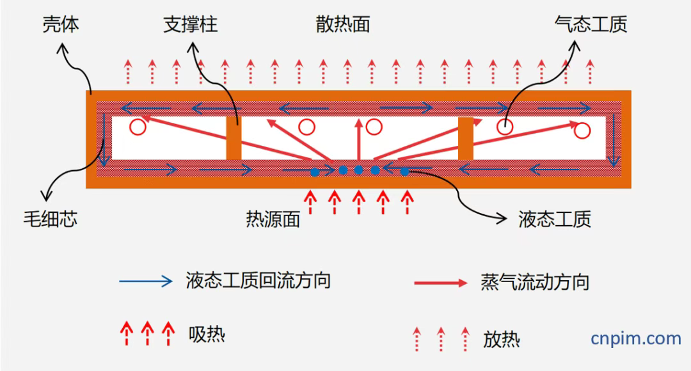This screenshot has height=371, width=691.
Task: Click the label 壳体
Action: (x=60, y=26)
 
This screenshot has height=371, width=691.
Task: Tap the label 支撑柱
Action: (x=190, y=25)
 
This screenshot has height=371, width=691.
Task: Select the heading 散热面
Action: (x=342, y=25)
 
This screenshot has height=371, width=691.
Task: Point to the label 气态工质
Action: (x=591, y=25)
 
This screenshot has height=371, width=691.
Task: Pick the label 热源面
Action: (x=273, y=219)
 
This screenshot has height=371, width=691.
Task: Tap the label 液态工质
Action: (x=554, y=219)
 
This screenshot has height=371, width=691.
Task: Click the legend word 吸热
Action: (x=207, y=333)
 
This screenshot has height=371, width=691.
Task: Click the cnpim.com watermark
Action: (x=635, y=338)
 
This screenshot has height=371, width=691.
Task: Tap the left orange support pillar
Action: (x=234, y=138)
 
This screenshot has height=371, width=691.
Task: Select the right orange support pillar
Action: (x=465, y=138)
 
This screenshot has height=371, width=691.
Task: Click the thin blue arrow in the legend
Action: (x=146, y=281)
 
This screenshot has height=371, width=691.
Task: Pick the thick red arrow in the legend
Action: (x=441, y=282)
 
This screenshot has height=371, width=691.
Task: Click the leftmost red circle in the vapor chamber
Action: (x=137, y=127)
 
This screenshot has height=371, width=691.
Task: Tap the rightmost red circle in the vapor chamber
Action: (x=582, y=131)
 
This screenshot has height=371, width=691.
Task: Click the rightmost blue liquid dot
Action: (x=404, y=171)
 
